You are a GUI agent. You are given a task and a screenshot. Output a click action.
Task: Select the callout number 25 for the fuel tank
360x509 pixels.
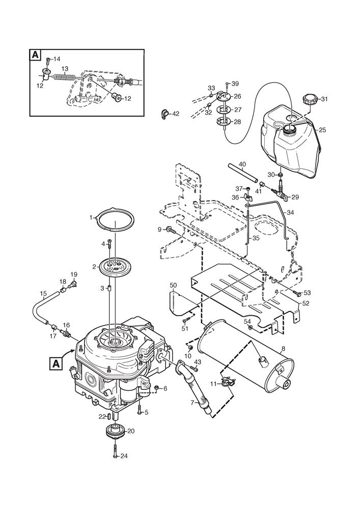pos(322,130)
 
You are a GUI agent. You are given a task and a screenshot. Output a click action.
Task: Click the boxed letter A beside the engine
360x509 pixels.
pos(56,363)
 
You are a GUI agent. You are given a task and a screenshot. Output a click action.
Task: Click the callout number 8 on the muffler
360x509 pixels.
pos(283,350)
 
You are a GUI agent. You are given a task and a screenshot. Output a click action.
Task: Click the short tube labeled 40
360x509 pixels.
pos(242,173)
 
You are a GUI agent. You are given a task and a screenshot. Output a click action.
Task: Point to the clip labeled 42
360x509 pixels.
pos(165,114)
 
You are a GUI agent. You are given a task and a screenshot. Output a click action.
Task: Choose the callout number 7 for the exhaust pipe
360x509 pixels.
pos(192,403)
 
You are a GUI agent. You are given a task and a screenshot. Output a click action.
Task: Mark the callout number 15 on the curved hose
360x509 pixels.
pos(43,294)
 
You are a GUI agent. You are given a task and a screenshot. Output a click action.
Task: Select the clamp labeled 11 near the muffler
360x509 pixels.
pos(227,383)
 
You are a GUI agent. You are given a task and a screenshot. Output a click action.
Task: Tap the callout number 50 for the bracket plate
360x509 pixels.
pos(174,285)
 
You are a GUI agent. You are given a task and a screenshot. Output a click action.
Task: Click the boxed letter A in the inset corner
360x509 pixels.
pos(35,55)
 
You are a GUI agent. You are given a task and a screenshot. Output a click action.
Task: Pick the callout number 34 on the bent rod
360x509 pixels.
pos(291,213)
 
